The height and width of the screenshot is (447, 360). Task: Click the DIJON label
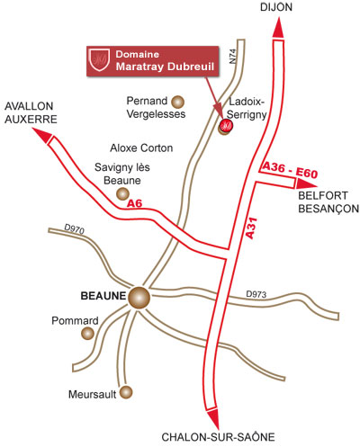click(x=276, y=7)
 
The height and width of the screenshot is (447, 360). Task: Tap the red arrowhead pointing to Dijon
click(x=278, y=28)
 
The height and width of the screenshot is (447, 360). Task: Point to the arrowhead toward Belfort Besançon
click(x=306, y=183)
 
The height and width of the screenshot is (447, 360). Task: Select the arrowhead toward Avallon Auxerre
click(x=43, y=135)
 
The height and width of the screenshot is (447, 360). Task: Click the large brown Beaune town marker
click(x=139, y=298)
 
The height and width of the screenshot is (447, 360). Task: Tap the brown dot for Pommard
click(x=88, y=334)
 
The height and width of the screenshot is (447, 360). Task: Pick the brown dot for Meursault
click(x=126, y=392)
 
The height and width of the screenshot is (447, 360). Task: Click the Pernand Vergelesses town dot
click(x=177, y=102)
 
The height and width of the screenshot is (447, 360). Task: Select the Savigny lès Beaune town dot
click(x=122, y=193)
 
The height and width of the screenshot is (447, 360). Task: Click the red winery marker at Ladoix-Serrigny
click(x=226, y=125)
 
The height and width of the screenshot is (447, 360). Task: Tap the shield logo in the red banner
click(x=99, y=60)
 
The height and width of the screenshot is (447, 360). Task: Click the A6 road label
click(x=134, y=203)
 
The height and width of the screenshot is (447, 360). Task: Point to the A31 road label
click(x=251, y=228)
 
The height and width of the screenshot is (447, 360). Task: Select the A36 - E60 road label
click(x=290, y=170)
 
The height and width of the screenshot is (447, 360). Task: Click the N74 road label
click(x=233, y=56)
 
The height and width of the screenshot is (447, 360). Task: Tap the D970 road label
click(x=75, y=228)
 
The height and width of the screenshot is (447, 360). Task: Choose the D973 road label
click(x=256, y=294)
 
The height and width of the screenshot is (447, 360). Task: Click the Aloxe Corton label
click(x=141, y=148)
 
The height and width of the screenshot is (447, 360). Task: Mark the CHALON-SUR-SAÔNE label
click(x=218, y=437)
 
